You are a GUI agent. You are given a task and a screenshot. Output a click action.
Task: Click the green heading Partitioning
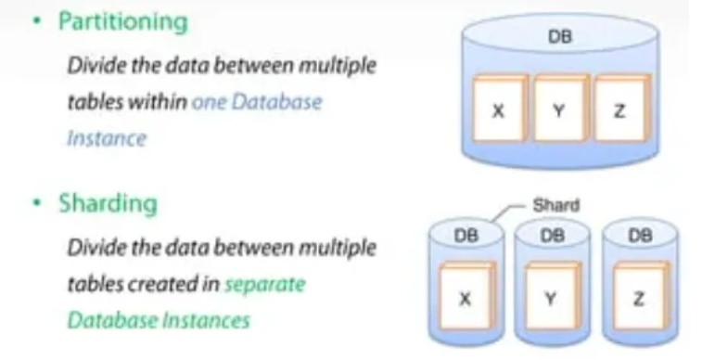123,21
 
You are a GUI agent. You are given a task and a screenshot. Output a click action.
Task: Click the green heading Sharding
108,204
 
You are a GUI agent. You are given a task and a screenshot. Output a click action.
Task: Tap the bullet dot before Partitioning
37,20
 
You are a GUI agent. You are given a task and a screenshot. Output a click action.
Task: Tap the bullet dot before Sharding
37,202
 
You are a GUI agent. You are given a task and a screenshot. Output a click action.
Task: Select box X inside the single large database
500,109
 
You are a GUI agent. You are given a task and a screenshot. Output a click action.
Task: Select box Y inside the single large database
560,109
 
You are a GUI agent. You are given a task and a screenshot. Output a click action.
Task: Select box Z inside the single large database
621,109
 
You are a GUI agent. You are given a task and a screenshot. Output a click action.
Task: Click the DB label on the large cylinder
560,36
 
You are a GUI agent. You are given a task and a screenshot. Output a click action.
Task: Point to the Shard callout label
556,205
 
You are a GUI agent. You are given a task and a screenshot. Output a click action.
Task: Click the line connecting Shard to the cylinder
507,212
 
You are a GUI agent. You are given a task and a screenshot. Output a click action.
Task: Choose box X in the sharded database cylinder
466,296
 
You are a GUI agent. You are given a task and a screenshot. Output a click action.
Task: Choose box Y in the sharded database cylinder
553,296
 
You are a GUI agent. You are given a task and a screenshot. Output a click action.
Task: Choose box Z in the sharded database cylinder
640,296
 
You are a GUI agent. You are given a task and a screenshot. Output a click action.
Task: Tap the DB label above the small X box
466,235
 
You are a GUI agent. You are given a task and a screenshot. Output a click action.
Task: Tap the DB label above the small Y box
553,235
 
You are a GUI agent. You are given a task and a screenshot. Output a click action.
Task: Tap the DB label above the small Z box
640,235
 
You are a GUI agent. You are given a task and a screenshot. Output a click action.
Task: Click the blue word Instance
107,138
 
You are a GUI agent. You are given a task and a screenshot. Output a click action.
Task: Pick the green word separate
265,284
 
